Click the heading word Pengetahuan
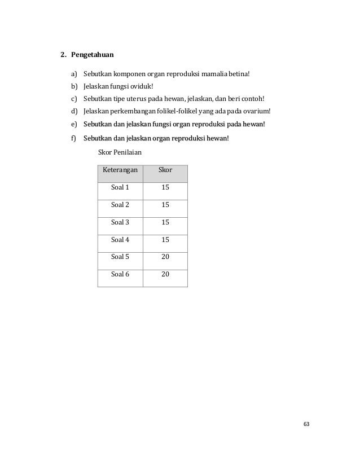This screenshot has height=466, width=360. [92, 55]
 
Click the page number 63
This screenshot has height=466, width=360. [306, 424]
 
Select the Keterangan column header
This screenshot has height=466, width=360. [120, 170]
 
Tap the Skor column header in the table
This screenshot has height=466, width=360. [165, 170]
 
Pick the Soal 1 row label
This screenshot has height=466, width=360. [120, 188]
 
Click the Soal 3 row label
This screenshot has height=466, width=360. [120, 222]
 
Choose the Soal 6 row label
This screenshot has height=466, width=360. [120, 274]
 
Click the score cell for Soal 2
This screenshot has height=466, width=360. [165, 205]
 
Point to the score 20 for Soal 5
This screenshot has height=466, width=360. [165, 257]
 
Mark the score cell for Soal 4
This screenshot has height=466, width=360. [165, 240]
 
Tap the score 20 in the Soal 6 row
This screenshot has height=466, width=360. [165, 274]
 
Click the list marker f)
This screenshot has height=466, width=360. [73, 138]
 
